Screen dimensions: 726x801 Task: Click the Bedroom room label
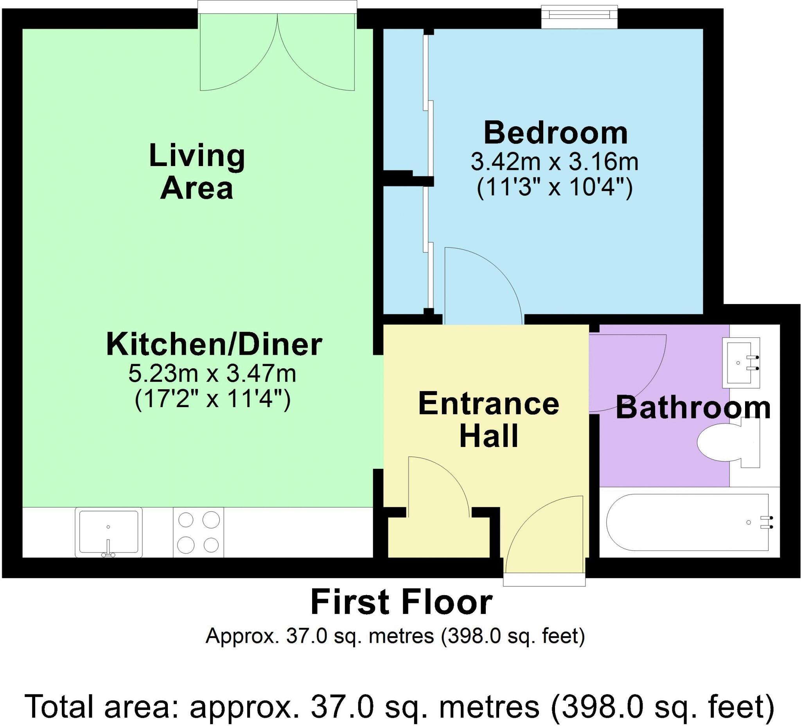555,133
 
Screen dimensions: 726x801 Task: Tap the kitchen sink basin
108,531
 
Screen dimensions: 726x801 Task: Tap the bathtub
687,522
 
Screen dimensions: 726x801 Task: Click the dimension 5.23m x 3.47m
212,374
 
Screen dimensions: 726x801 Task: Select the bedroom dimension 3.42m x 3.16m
555,161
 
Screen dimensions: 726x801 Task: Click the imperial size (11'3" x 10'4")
555,187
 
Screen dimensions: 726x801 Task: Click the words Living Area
197,172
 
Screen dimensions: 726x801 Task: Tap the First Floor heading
401,602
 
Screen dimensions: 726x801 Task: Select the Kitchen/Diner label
214,345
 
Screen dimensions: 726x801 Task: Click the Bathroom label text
693,408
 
